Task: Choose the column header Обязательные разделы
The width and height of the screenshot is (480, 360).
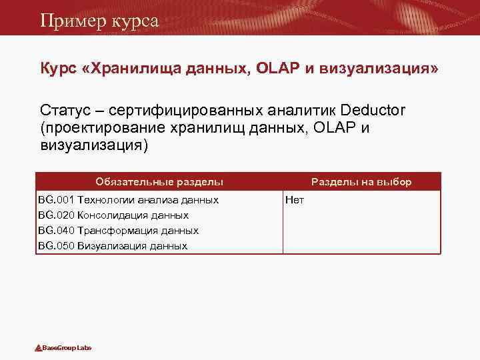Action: point(159,181)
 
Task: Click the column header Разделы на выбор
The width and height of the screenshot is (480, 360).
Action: point(361,181)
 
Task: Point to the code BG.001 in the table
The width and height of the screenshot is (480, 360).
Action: point(56,199)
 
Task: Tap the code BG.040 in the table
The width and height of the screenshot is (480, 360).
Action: point(56,230)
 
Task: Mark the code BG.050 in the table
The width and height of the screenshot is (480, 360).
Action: point(56,245)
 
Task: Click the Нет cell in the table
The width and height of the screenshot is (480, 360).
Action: point(294,199)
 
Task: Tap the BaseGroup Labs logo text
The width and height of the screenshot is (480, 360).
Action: point(67,348)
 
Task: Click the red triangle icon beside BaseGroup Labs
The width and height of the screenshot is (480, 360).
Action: point(39,348)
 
